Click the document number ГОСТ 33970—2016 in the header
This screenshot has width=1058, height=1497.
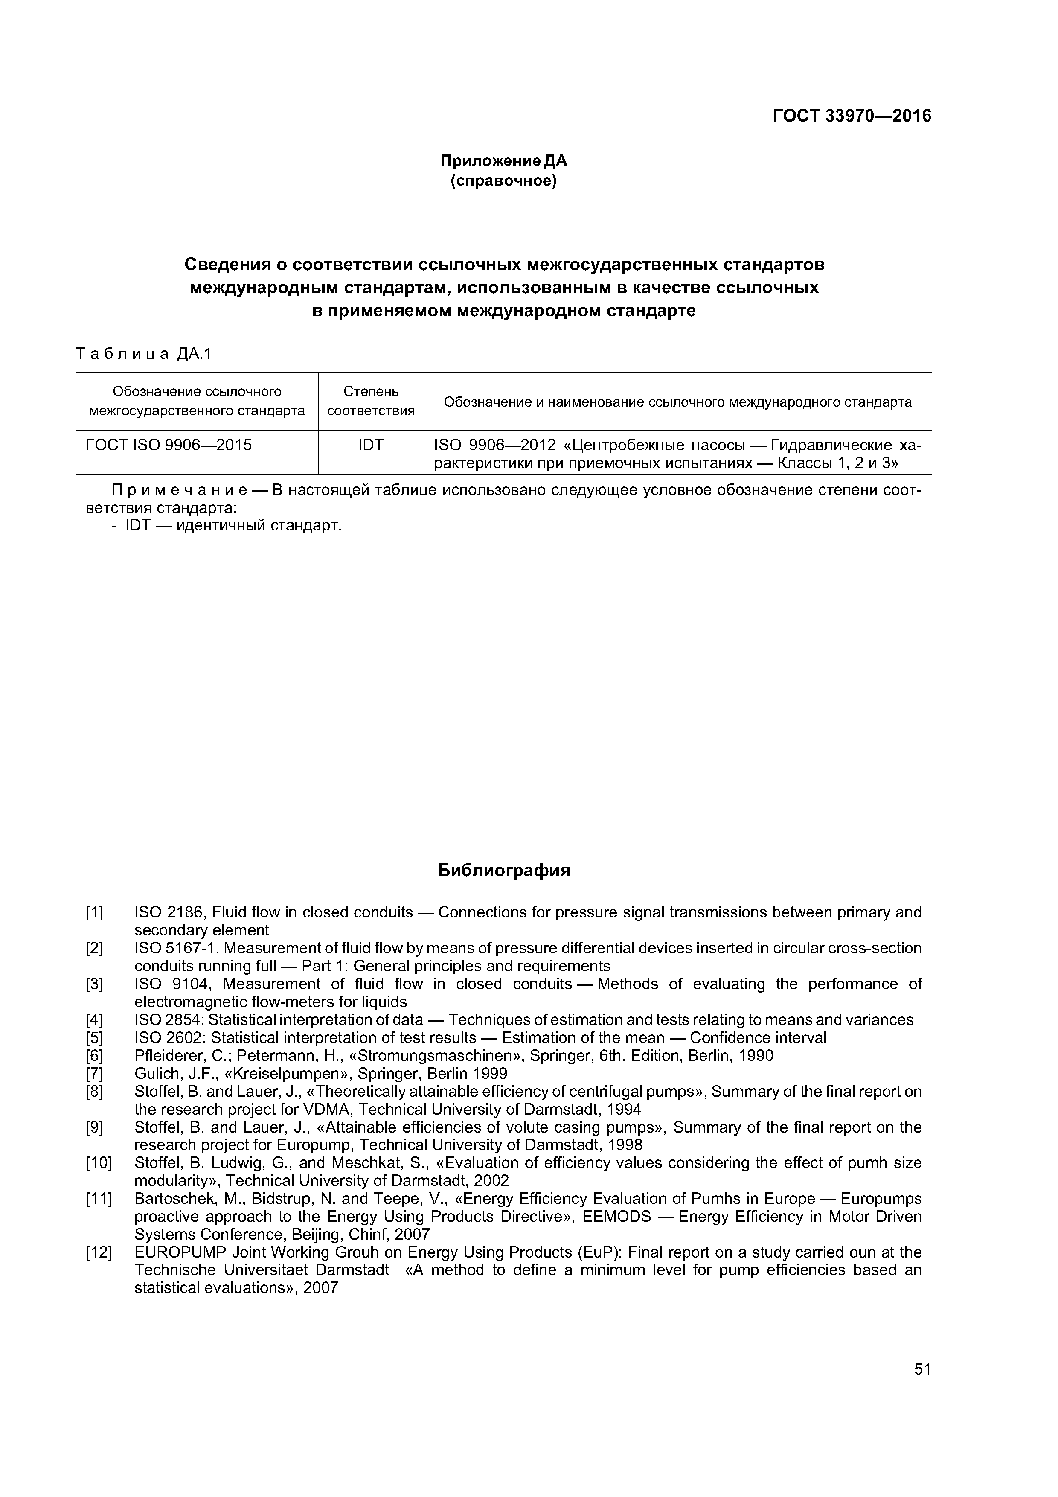click(x=852, y=116)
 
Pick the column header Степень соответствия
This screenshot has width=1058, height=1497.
click(x=370, y=401)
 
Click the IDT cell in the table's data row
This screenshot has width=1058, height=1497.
click(x=370, y=446)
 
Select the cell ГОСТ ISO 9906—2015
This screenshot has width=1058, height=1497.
click(x=169, y=446)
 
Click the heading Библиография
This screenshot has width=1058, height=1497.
click(x=503, y=871)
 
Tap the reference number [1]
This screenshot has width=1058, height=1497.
click(x=95, y=912)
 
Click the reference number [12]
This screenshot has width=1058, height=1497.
click(x=99, y=1252)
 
